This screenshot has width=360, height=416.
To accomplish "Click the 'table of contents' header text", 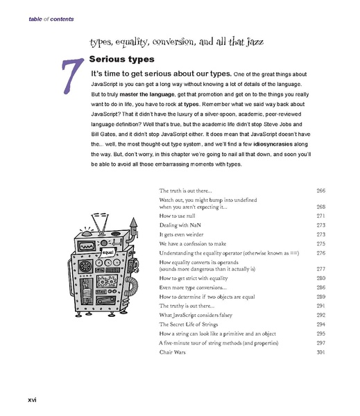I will pos(51,19).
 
